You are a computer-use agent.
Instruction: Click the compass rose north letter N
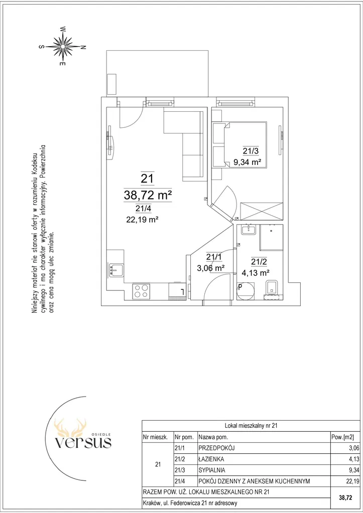point(83,47)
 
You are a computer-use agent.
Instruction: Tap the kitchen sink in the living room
point(116,270)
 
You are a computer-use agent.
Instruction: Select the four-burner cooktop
point(142,291)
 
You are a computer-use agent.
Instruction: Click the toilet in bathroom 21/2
point(272,288)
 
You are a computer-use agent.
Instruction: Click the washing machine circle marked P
point(246,291)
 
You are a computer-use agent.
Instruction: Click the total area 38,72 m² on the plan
point(148,195)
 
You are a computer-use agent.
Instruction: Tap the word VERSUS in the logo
point(83,442)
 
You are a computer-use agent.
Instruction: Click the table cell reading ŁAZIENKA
point(211,459)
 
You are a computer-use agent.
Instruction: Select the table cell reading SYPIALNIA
point(212,470)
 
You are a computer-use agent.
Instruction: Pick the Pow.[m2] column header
point(343,437)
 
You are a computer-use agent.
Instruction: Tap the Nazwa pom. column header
point(213,437)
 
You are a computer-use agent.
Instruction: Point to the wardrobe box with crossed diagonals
point(262,211)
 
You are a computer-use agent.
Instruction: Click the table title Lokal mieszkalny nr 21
point(252,426)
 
